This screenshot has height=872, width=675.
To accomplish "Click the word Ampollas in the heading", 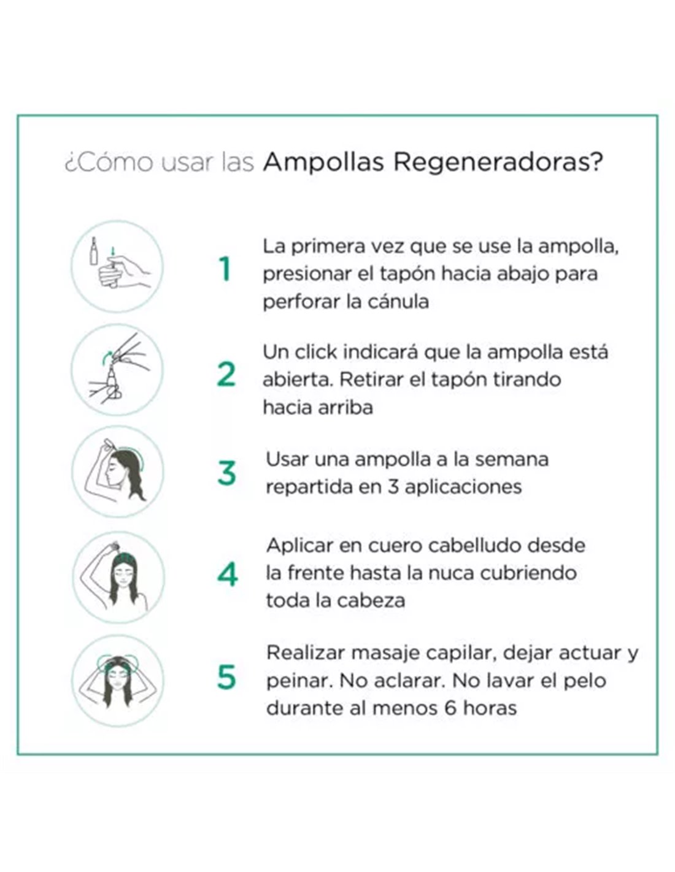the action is (323, 162).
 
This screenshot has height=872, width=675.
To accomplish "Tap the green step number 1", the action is (225, 269).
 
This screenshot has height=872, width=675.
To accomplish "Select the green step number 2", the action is (226, 374).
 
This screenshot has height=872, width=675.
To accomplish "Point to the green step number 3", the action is (226, 473).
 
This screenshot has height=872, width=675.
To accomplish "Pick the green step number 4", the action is (227, 574).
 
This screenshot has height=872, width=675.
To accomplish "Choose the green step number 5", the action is (226, 677).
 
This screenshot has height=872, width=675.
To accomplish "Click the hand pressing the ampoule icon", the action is (117, 267).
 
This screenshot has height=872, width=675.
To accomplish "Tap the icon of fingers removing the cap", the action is (117, 370).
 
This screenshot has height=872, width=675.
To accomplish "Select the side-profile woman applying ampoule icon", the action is (118, 472).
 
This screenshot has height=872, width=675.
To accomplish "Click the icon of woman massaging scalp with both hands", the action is (118, 681).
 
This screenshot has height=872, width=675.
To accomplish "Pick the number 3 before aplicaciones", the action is (393, 487).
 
